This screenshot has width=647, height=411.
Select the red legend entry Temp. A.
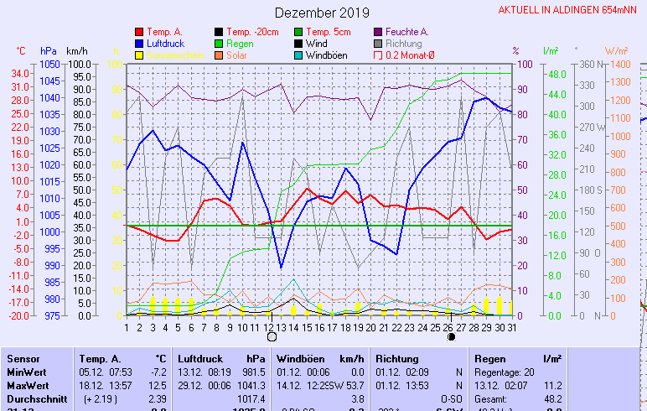click(164, 32)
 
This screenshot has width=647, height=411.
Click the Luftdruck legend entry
click(164, 44)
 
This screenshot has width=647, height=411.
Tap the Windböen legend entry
click(324, 55)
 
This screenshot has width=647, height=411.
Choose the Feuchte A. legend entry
click(406, 32)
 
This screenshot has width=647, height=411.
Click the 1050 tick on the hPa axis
click(49, 64)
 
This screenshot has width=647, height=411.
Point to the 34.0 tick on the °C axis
click(21, 73)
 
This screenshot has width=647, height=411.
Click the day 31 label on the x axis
click(511, 326)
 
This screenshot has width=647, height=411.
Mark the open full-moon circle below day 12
click(272, 337)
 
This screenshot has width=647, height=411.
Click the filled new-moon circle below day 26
click(452, 337)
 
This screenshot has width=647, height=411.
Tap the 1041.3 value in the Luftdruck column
click(251, 385)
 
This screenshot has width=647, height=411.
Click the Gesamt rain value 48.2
click(552, 398)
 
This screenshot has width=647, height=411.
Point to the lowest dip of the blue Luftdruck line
click(282, 268)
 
